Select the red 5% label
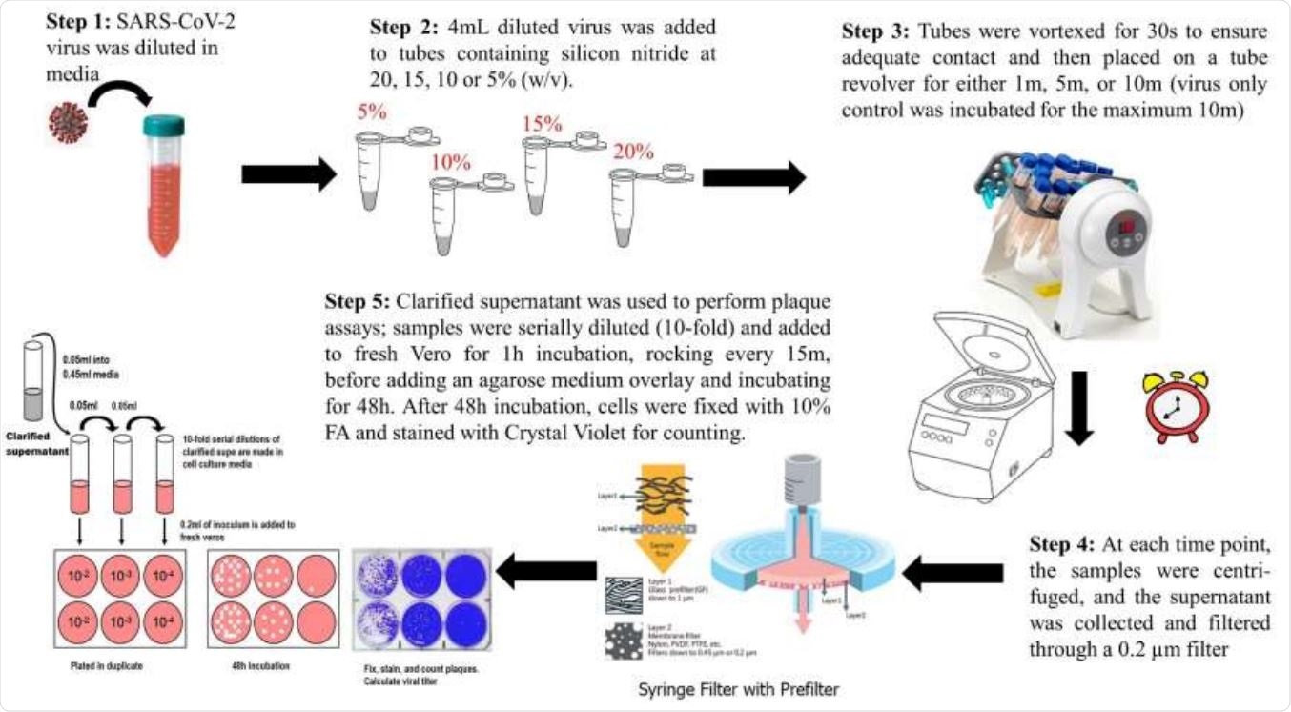click(371, 112)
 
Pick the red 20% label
click(632, 152)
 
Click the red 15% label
click(543, 124)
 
